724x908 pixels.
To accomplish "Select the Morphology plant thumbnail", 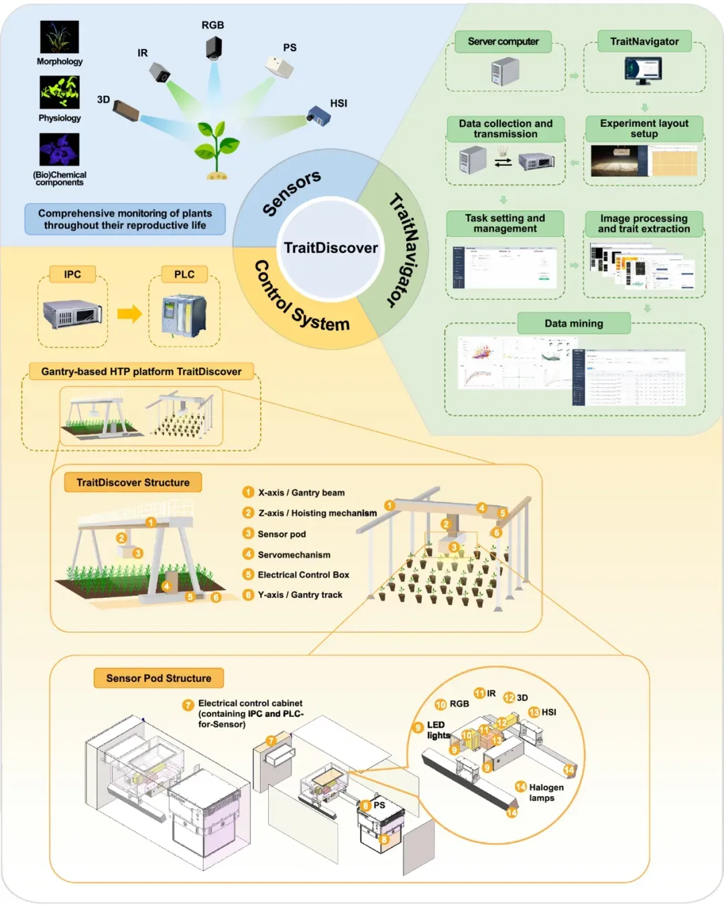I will pos(60,37).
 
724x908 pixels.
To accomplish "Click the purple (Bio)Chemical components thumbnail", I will pos(60,149).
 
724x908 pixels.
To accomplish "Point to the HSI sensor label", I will pos(339,103).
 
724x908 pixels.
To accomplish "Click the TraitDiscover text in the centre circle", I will pos(330,248).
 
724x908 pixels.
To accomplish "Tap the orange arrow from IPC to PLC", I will pos(129,313).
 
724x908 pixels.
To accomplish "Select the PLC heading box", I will pos(184,274).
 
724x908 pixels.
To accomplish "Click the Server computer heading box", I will pos(503,42).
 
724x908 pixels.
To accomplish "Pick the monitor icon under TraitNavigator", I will pos(644,70).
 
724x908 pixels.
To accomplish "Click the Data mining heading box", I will pos(573,323).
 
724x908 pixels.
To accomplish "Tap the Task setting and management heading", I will pos(505,223).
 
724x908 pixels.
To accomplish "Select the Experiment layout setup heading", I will pos(644,128).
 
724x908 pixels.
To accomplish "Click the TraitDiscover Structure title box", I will pos(133,483).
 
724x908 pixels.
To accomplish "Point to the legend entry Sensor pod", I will pos(282,534).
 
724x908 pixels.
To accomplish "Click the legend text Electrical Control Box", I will pos(303,575).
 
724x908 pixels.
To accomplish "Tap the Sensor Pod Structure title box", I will pos(158,678).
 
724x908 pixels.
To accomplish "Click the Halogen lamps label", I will pos(546,793).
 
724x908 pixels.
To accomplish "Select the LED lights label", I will pos(438,730).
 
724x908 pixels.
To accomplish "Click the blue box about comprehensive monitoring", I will pos(125,219).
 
